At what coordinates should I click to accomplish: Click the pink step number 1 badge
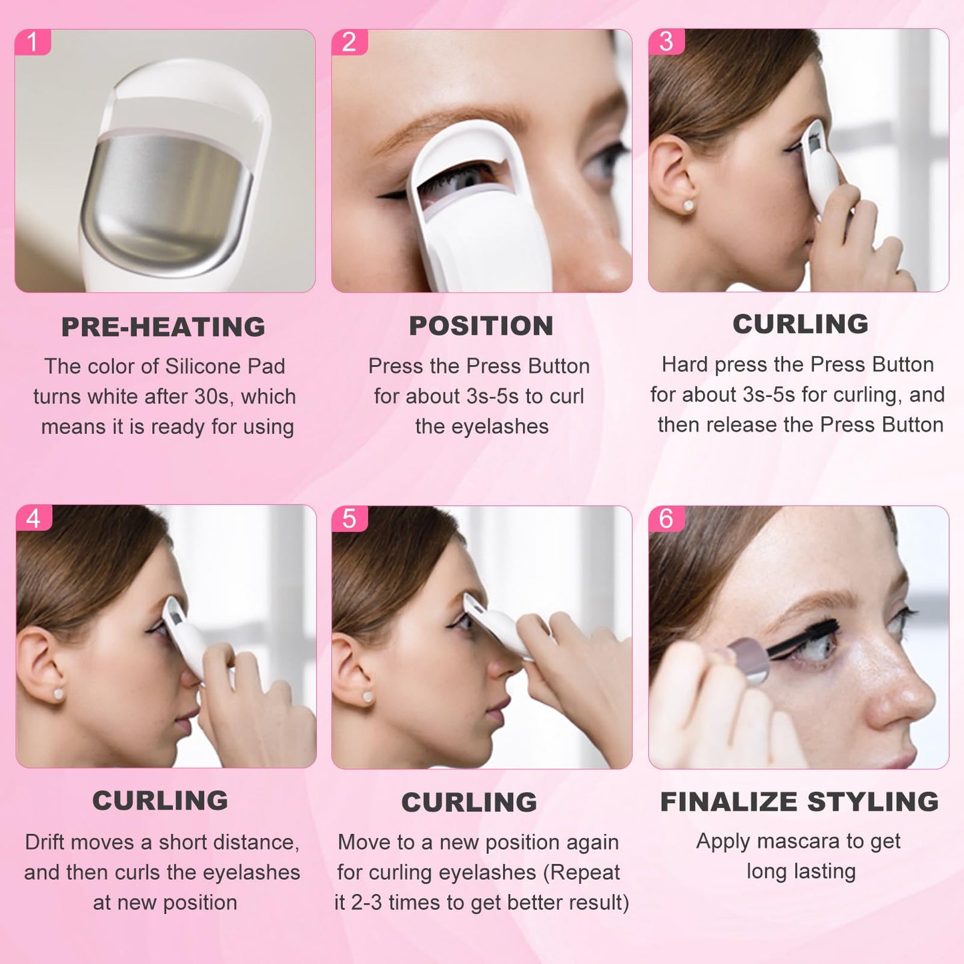pyautogui.click(x=32, y=42)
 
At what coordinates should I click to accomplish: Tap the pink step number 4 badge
pyautogui.click(x=33, y=518)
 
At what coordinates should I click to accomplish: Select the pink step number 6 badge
pyautogui.click(x=666, y=518)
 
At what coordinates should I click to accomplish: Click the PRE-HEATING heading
pyautogui.click(x=163, y=327)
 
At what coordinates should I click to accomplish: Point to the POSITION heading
pyautogui.click(x=481, y=326)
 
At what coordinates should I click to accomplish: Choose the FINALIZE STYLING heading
pyautogui.click(x=799, y=801)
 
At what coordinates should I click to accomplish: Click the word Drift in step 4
pyautogui.click(x=45, y=842)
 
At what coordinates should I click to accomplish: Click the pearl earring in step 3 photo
pyautogui.click(x=688, y=205)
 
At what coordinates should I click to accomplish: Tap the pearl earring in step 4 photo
pyautogui.click(x=58, y=694)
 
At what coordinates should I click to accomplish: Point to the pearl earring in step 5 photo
pyautogui.click(x=368, y=698)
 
